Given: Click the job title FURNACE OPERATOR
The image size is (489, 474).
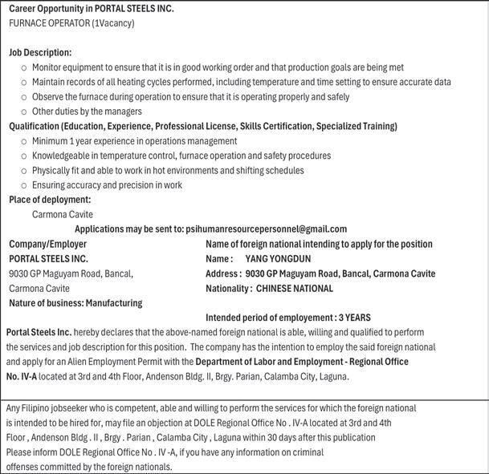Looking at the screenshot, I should [49, 23].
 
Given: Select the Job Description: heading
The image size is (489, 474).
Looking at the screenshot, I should [40, 52].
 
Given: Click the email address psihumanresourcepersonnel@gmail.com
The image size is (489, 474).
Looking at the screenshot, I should [266, 229].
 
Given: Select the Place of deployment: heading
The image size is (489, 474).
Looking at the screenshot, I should [50, 200].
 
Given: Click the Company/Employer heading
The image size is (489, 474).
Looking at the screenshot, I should [47, 244].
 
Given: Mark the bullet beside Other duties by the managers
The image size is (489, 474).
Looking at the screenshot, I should [23, 112].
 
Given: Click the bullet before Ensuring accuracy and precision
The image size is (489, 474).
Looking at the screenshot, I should [23, 185].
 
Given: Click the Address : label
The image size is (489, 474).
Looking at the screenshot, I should [222, 273].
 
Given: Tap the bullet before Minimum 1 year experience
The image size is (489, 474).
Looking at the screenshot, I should [23, 141].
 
